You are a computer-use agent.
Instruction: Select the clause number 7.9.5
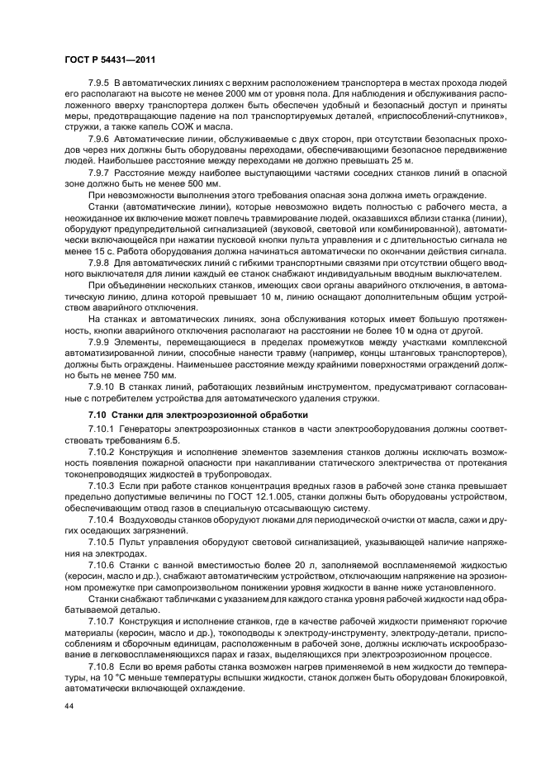[x=100, y=85]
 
